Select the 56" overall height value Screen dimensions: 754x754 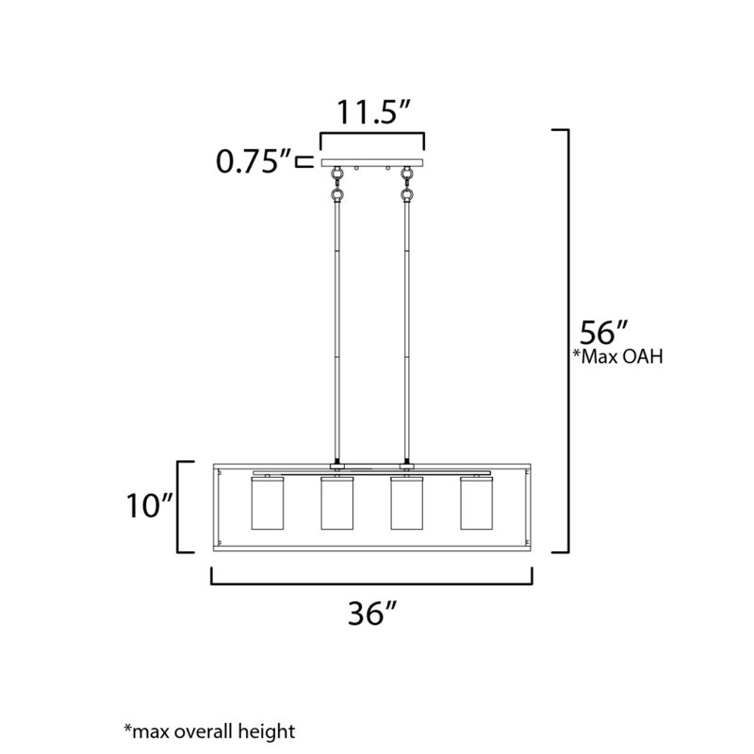tap(604, 334)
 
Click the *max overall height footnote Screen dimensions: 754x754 tap(209, 730)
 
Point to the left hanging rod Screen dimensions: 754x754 tap(336, 330)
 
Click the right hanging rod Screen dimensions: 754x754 tap(406, 330)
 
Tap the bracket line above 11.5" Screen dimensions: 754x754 tap(371, 136)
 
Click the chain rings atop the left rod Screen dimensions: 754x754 tap(336, 186)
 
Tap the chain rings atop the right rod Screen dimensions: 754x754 tap(406, 186)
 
